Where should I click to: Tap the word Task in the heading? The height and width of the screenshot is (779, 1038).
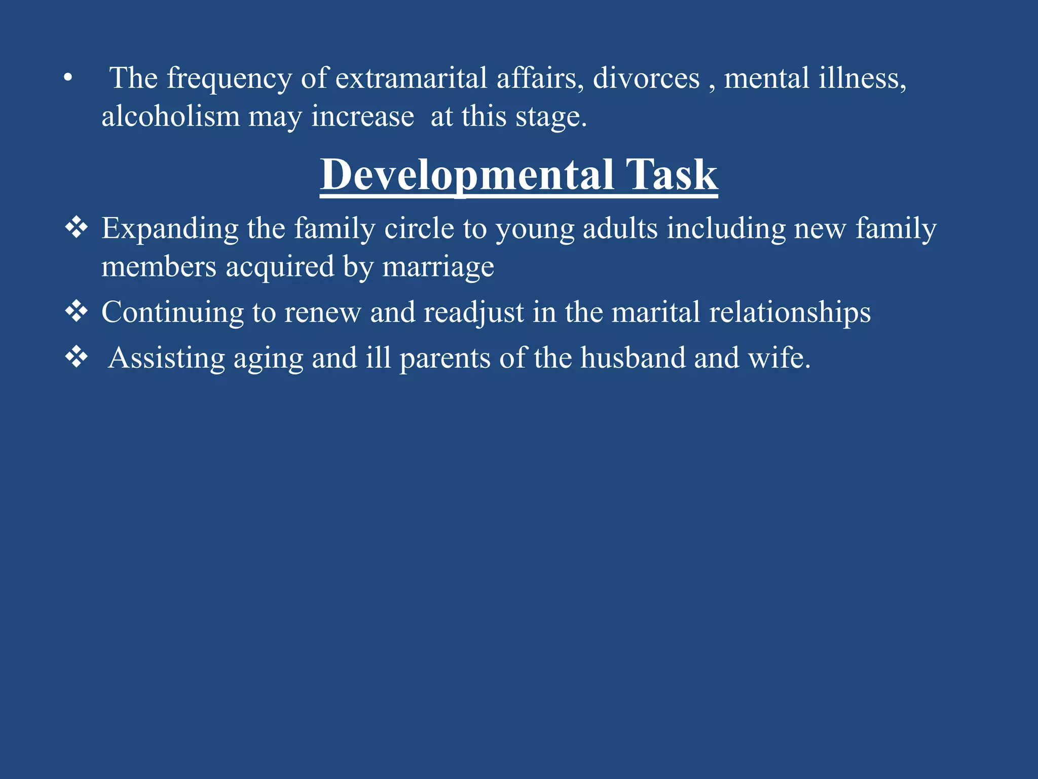(671, 174)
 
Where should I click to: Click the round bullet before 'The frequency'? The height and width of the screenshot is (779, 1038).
(68, 79)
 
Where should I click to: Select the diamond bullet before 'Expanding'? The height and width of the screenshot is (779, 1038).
(77, 227)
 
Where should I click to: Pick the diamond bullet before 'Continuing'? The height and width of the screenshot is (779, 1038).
(77, 311)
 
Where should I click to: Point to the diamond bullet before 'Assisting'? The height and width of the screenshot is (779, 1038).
(77, 357)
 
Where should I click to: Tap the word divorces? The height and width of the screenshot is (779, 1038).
(646, 79)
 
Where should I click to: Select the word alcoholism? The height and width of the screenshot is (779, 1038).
(170, 117)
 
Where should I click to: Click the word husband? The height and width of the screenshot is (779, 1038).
(633, 358)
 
